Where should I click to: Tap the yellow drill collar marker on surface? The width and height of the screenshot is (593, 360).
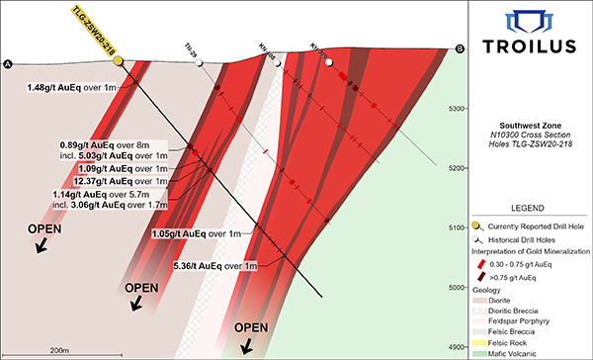(118, 61)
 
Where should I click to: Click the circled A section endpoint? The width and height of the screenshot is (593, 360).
(9, 64)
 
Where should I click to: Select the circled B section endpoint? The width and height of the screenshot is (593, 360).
(460, 49)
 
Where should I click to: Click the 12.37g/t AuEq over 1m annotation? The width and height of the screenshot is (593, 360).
(123, 181)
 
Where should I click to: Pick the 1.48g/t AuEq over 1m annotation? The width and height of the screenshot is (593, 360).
(74, 87)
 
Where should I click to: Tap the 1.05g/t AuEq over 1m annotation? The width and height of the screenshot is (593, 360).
(197, 233)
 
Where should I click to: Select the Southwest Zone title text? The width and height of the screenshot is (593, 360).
(530, 125)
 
